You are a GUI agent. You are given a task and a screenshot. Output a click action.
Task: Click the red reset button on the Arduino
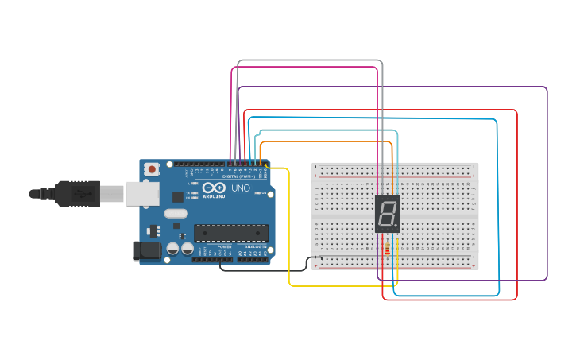point(152,168)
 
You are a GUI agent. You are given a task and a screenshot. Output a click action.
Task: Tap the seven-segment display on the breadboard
point(387,214)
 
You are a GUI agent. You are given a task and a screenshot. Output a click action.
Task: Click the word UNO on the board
point(241,188)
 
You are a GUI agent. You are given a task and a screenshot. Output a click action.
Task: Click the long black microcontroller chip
point(230,233)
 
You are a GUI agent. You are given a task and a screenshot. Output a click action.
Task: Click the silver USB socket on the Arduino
point(141,193)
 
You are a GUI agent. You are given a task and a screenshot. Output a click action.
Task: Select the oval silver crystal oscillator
point(176,213)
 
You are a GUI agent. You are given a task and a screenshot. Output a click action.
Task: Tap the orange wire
point(326,142)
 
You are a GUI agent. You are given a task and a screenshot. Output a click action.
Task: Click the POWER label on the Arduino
point(224,247)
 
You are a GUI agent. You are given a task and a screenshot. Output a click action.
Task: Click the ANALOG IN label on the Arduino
point(255,247)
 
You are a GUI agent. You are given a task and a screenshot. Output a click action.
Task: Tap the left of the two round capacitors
point(172,249)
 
